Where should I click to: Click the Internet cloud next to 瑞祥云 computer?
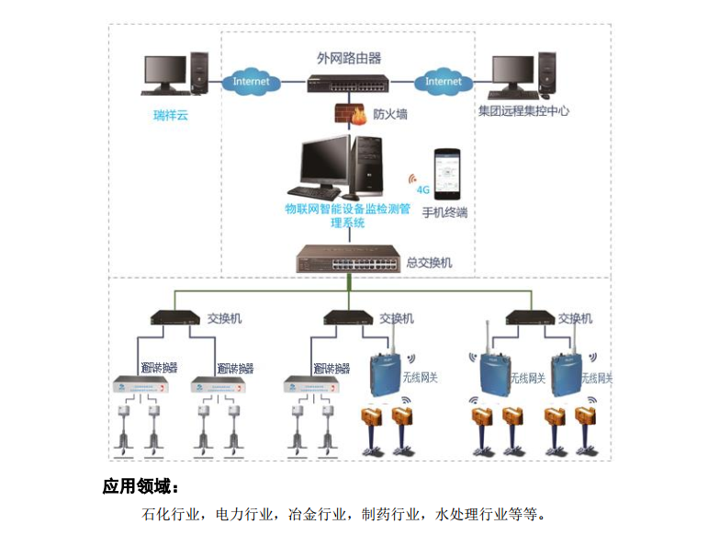pos(251,81)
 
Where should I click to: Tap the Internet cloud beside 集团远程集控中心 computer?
pos(443,81)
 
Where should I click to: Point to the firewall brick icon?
pos(346,115)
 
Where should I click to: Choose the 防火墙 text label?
pos(390,115)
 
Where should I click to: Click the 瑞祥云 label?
pos(170,116)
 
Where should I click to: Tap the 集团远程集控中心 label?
pos(523,111)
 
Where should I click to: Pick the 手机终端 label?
pos(445,213)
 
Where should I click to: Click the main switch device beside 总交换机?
pos(347,260)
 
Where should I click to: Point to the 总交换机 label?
pos(429,262)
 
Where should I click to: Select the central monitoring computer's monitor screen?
pos(326,166)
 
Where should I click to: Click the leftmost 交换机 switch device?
pos(175,318)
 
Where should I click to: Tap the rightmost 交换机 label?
pos(575,318)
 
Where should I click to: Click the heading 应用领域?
pos(140,485)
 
